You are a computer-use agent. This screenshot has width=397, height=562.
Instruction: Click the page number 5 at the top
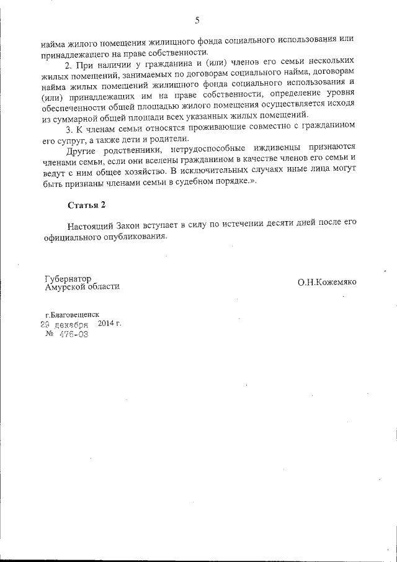197,20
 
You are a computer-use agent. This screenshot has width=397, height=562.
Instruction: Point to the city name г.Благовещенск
72,315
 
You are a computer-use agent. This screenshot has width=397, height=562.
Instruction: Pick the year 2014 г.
110,324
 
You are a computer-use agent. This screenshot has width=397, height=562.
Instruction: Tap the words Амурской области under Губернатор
83,287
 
